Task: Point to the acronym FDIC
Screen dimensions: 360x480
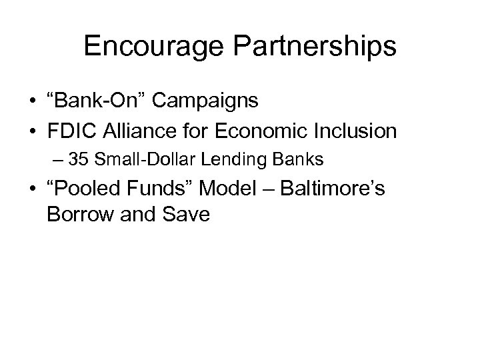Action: tap(73, 131)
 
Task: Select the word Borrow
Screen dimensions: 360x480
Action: tap(77, 217)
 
